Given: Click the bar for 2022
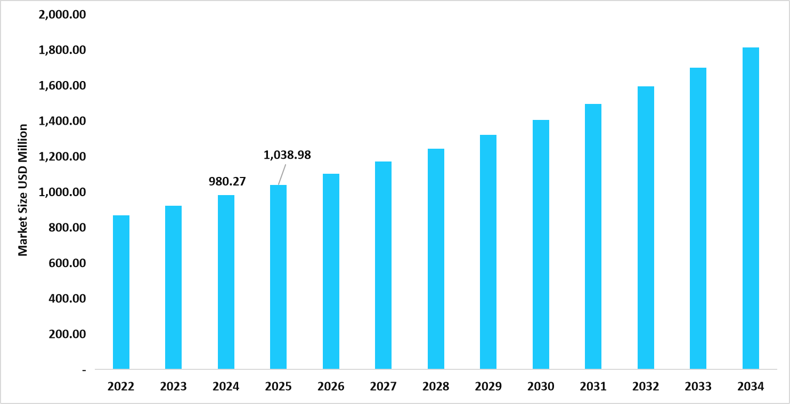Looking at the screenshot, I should click(x=121, y=292).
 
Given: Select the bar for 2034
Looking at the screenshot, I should click(x=751, y=208).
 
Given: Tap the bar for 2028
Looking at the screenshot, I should click(x=436, y=258).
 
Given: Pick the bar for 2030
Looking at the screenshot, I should click(x=541, y=244).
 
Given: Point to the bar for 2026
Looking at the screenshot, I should click(x=331, y=271).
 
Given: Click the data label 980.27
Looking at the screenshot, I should click(x=227, y=181).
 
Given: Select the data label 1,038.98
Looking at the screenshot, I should click(x=287, y=155).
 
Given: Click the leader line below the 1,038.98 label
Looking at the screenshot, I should click(x=282, y=174).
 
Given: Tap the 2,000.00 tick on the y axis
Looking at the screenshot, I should click(x=63, y=14).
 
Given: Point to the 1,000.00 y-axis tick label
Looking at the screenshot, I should click(x=63, y=192).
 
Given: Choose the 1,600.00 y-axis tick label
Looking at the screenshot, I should click(x=63, y=85).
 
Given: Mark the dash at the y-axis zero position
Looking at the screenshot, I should click(x=83, y=369).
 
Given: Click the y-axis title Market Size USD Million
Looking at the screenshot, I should click(x=23, y=190).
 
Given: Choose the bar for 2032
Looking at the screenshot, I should click(x=646, y=228).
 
